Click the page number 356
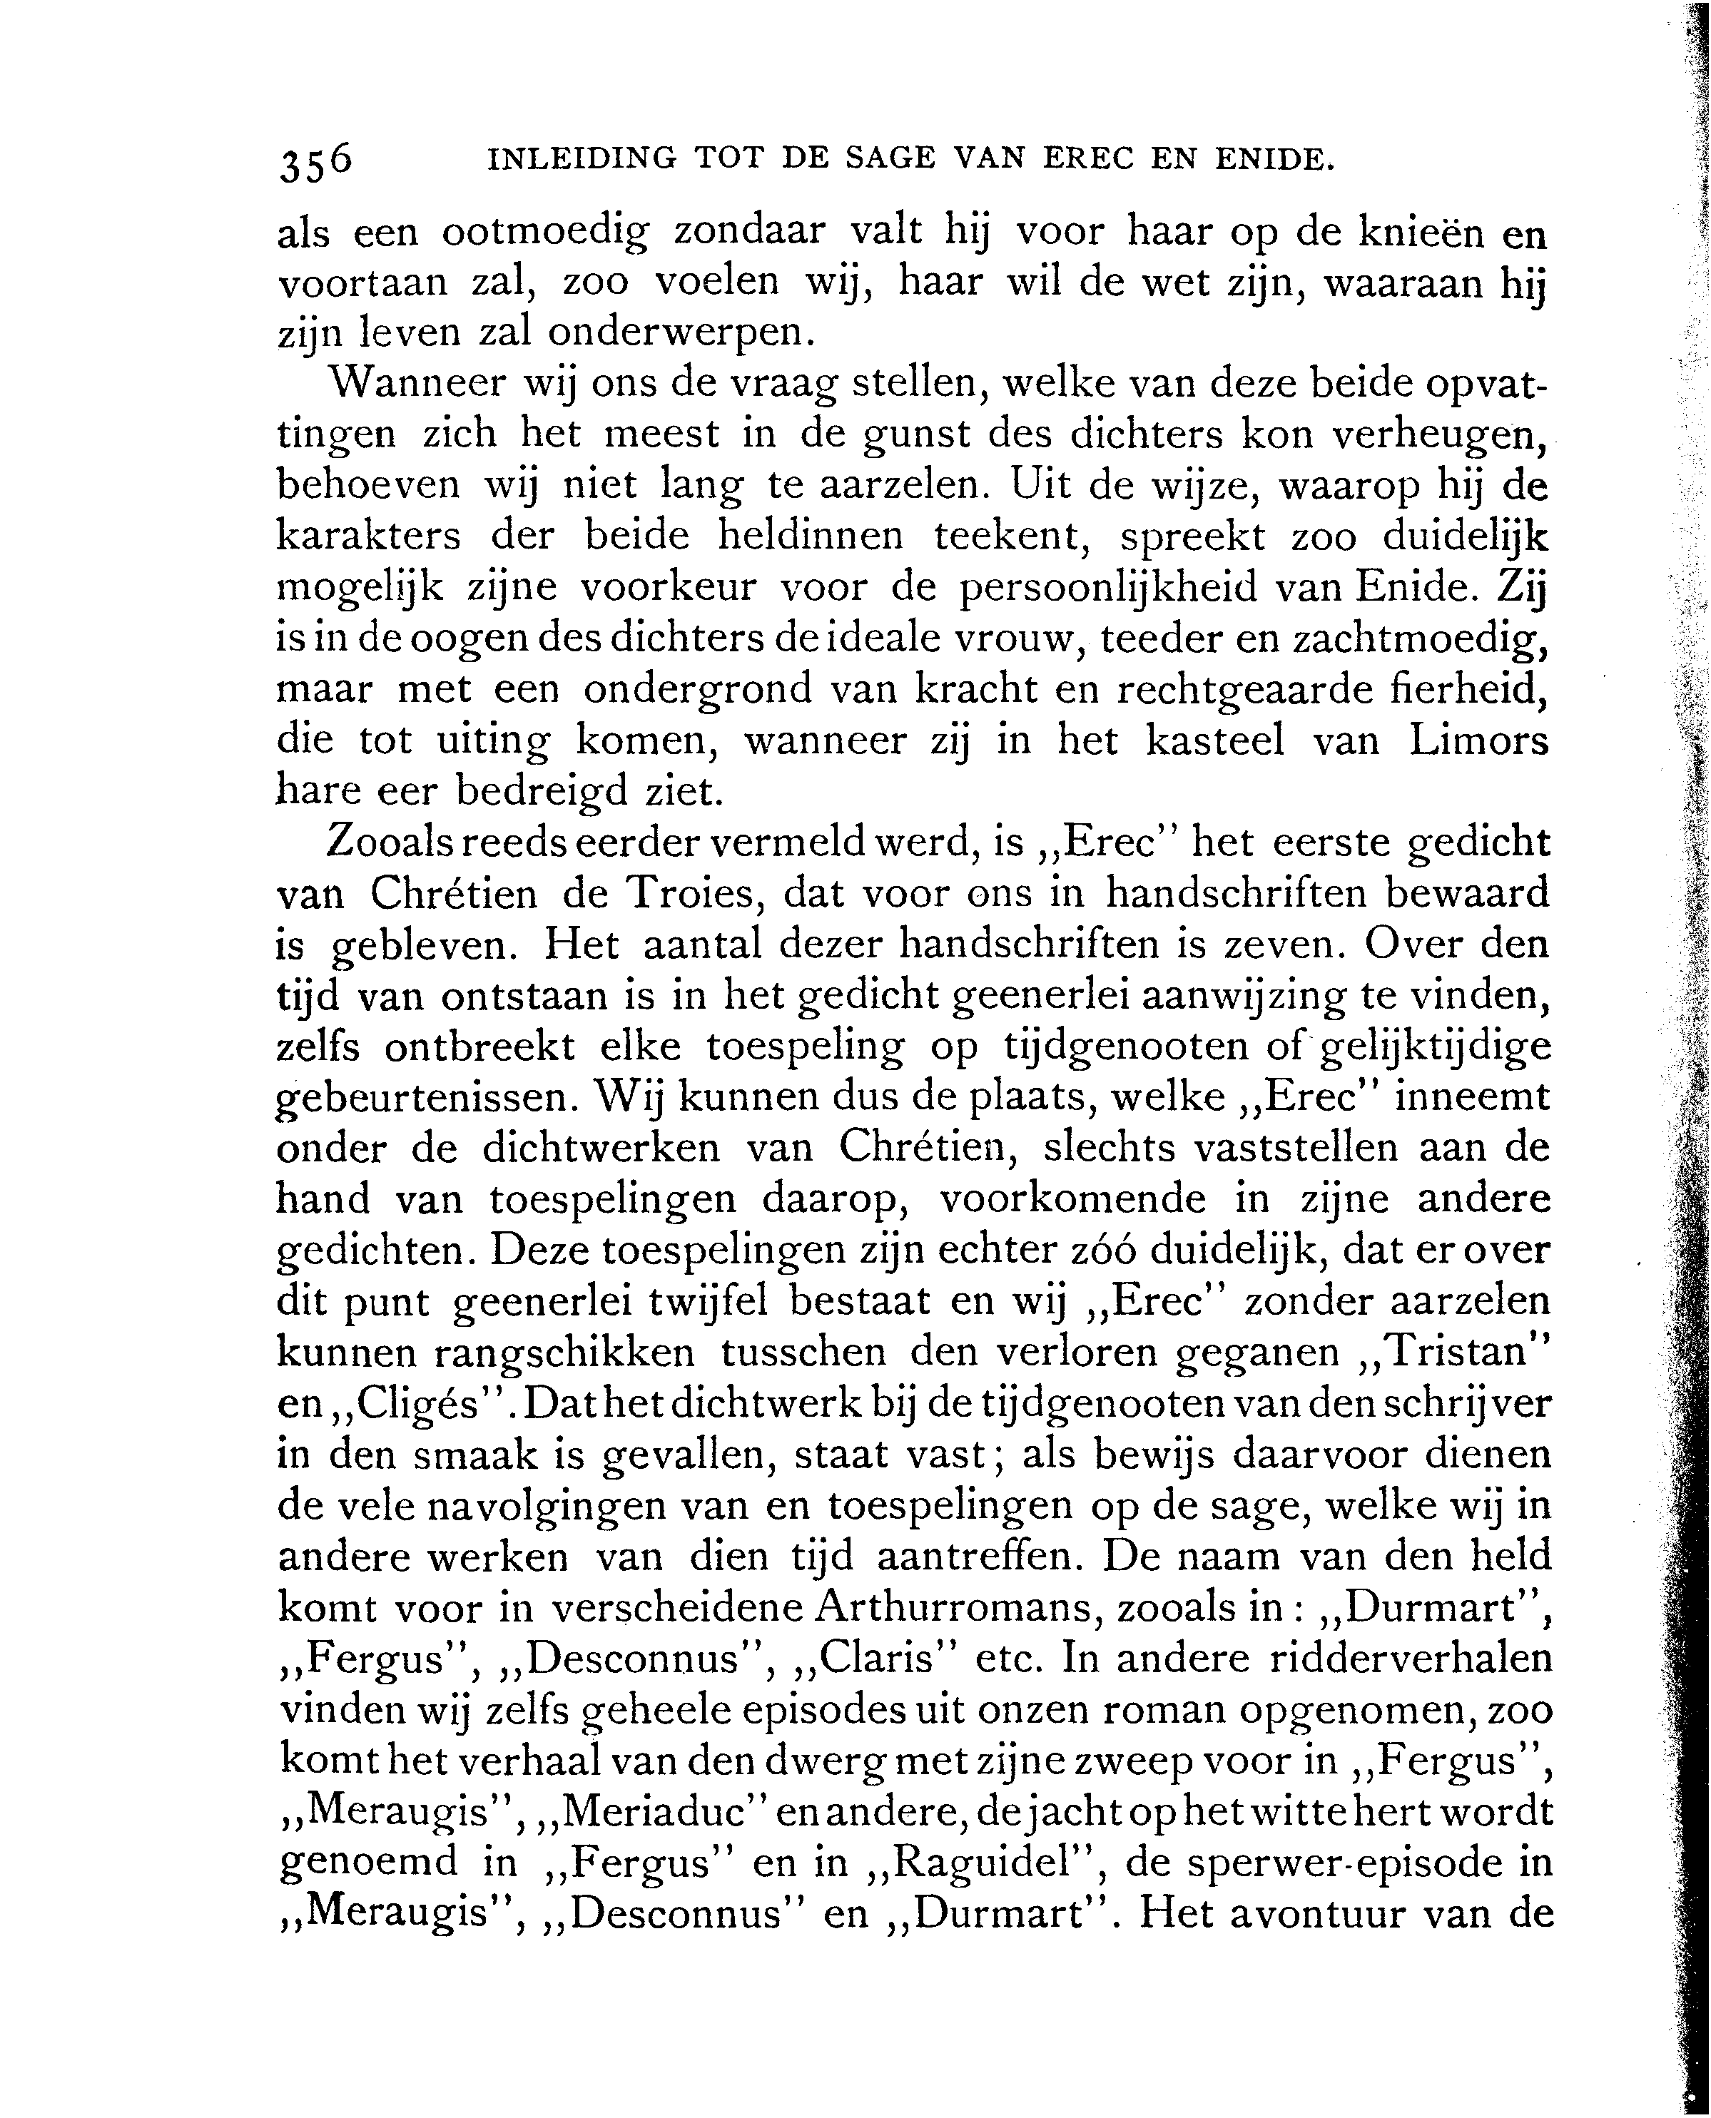click(315, 162)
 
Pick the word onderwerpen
click(680, 333)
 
